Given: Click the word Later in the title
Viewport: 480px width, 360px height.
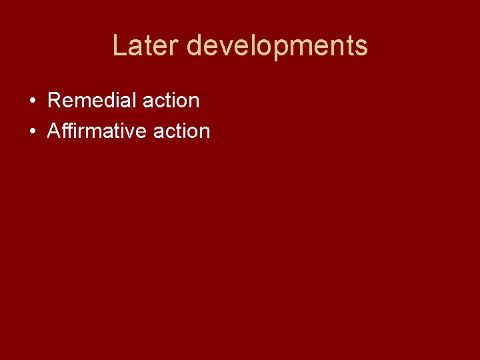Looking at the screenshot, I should click(x=145, y=46).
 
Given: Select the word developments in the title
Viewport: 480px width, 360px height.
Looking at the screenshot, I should click(x=277, y=46).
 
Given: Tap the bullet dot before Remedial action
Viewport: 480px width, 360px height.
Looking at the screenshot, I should click(x=32, y=101).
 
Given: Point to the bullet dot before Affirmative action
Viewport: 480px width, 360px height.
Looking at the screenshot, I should click(x=32, y=132).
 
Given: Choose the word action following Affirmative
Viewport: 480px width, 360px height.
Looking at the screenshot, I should click(x=181, y=131).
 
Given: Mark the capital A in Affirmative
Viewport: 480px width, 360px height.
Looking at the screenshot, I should click(x=54, y=131).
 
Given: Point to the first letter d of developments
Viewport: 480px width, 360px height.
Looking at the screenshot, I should click(x=194, y=46).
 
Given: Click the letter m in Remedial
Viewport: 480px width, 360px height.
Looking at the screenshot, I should click(x=83, y=102).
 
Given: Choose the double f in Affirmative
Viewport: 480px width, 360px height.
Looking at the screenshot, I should click(x=67, y=131).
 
